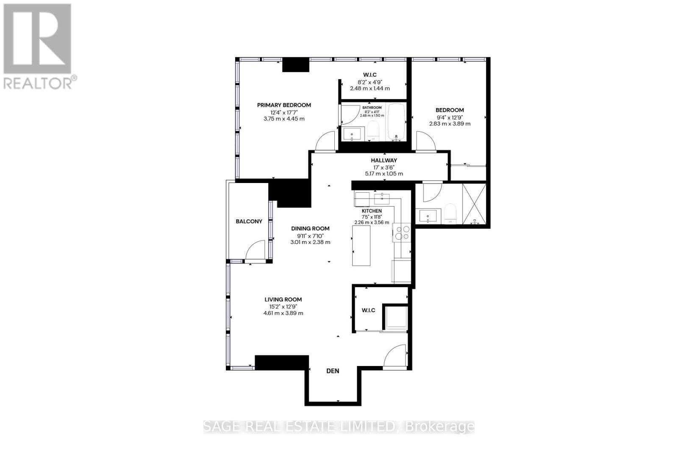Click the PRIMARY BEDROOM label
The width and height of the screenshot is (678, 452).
coord(284,105)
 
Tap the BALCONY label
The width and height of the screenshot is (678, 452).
coord(249,221)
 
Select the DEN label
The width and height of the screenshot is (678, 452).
coord(333,371)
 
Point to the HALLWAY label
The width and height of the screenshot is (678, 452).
coord(384,160)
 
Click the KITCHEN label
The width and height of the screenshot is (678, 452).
coord(372,211)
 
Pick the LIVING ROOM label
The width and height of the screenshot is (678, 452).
coord(283,299)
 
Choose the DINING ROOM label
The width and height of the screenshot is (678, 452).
coord(310,228)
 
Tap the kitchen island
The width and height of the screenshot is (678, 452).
coord(361,245)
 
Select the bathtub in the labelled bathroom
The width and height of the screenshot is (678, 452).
coord(397,122)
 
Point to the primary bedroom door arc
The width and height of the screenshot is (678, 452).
coord(325,141)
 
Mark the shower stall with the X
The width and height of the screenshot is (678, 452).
coord(474,204)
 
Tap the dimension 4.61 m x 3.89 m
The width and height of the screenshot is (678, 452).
coord(283,313)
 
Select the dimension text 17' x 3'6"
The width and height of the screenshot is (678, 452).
coord(384,167)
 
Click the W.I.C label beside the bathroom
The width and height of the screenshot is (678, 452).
coord(370,75)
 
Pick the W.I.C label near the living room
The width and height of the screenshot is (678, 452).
coord(368,310)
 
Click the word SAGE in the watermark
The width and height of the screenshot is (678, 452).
coord(222,427)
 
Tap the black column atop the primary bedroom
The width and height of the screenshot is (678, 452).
coord(296,65)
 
